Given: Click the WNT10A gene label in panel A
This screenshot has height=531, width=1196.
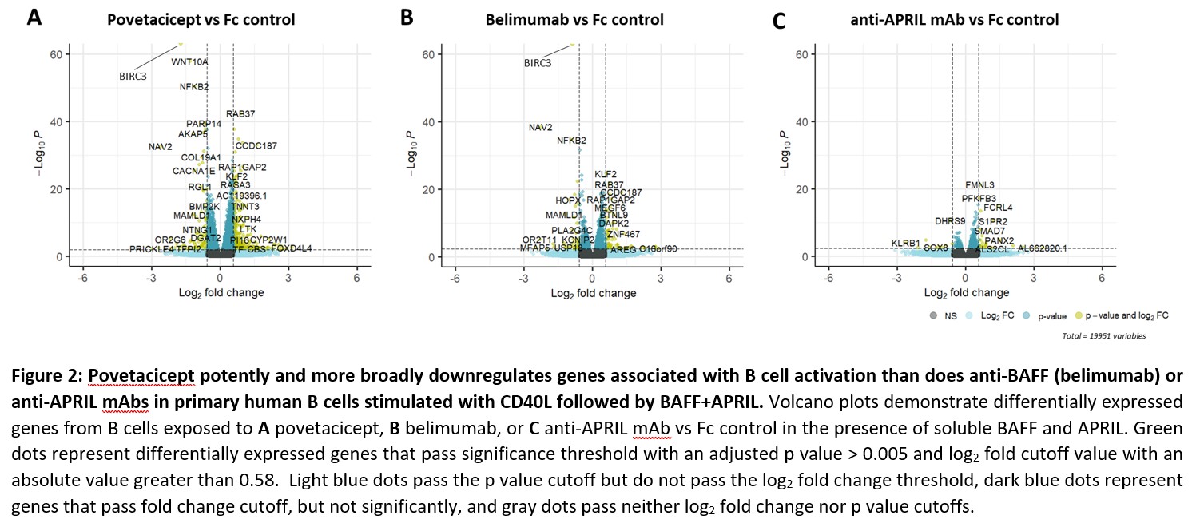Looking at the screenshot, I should [189, 61].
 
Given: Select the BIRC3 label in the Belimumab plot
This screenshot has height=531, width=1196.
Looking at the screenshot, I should [538, 63].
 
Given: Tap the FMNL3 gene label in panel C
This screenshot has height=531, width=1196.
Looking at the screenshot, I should [979, 185].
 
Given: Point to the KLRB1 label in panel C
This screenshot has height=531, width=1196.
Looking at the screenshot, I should [906, 243].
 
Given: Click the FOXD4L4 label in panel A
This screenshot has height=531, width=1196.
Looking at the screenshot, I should [291, 249].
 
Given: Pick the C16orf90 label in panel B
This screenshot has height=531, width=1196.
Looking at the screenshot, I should [658, 249].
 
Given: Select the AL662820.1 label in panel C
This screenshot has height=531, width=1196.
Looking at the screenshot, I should [1042, 249].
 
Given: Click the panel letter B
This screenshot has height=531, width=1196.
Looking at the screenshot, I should [407, 18].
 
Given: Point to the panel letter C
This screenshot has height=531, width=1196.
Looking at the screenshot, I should [779, 20].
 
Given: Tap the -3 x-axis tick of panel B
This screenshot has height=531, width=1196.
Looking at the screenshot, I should [523, 278].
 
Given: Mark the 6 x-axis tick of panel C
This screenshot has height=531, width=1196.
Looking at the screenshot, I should [1102, 278].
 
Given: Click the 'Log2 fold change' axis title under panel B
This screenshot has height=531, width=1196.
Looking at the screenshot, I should [594, 293].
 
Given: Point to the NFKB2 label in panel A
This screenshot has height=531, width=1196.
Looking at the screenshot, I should [194, 86].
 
